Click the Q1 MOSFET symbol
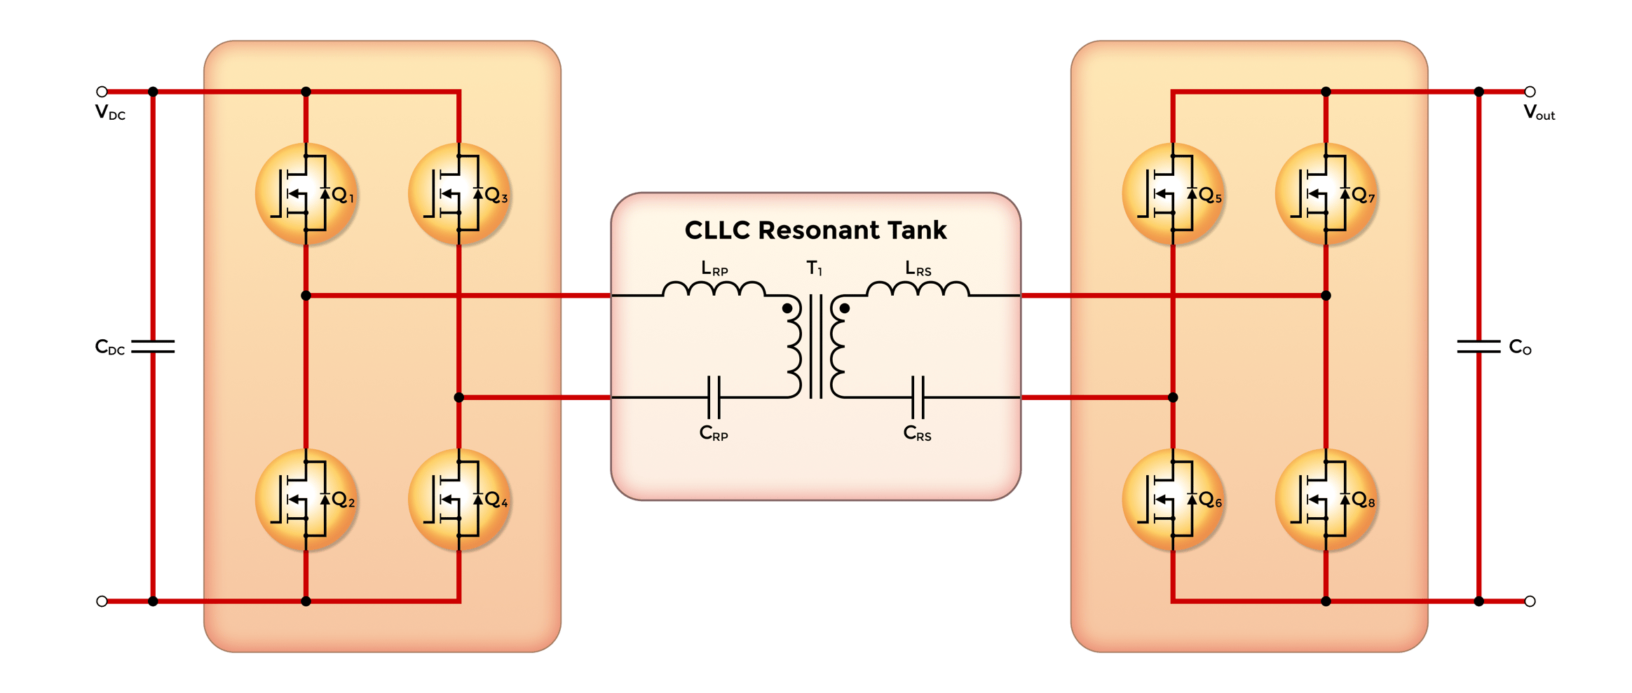306,194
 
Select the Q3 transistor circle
459,194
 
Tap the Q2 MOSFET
306,500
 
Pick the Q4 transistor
459,500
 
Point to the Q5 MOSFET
1173,194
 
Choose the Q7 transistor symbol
1326,194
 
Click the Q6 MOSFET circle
1173,500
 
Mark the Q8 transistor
1326,500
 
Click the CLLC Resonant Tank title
815,231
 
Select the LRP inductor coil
714,289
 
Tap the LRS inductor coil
918,289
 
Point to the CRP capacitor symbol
714,397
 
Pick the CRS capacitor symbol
918,397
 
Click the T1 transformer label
814,268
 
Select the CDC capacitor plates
154,346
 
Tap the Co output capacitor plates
1478,346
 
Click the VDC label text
110,113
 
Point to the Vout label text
1539,113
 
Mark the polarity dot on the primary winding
787,308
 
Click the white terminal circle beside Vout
1530,92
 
